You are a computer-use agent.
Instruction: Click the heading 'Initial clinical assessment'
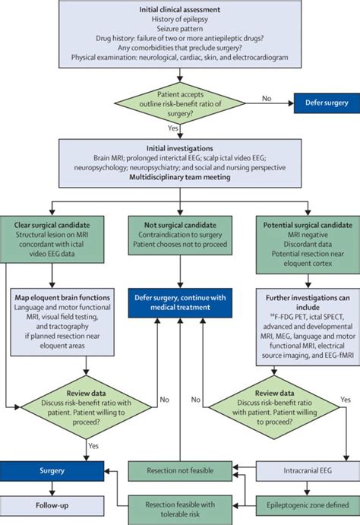(x=180, y=9)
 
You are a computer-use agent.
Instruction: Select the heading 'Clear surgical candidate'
(x=58, y=226)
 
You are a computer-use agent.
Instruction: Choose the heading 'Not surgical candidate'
(x=179, y=226)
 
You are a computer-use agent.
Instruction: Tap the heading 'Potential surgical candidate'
(x=302, y=226)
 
